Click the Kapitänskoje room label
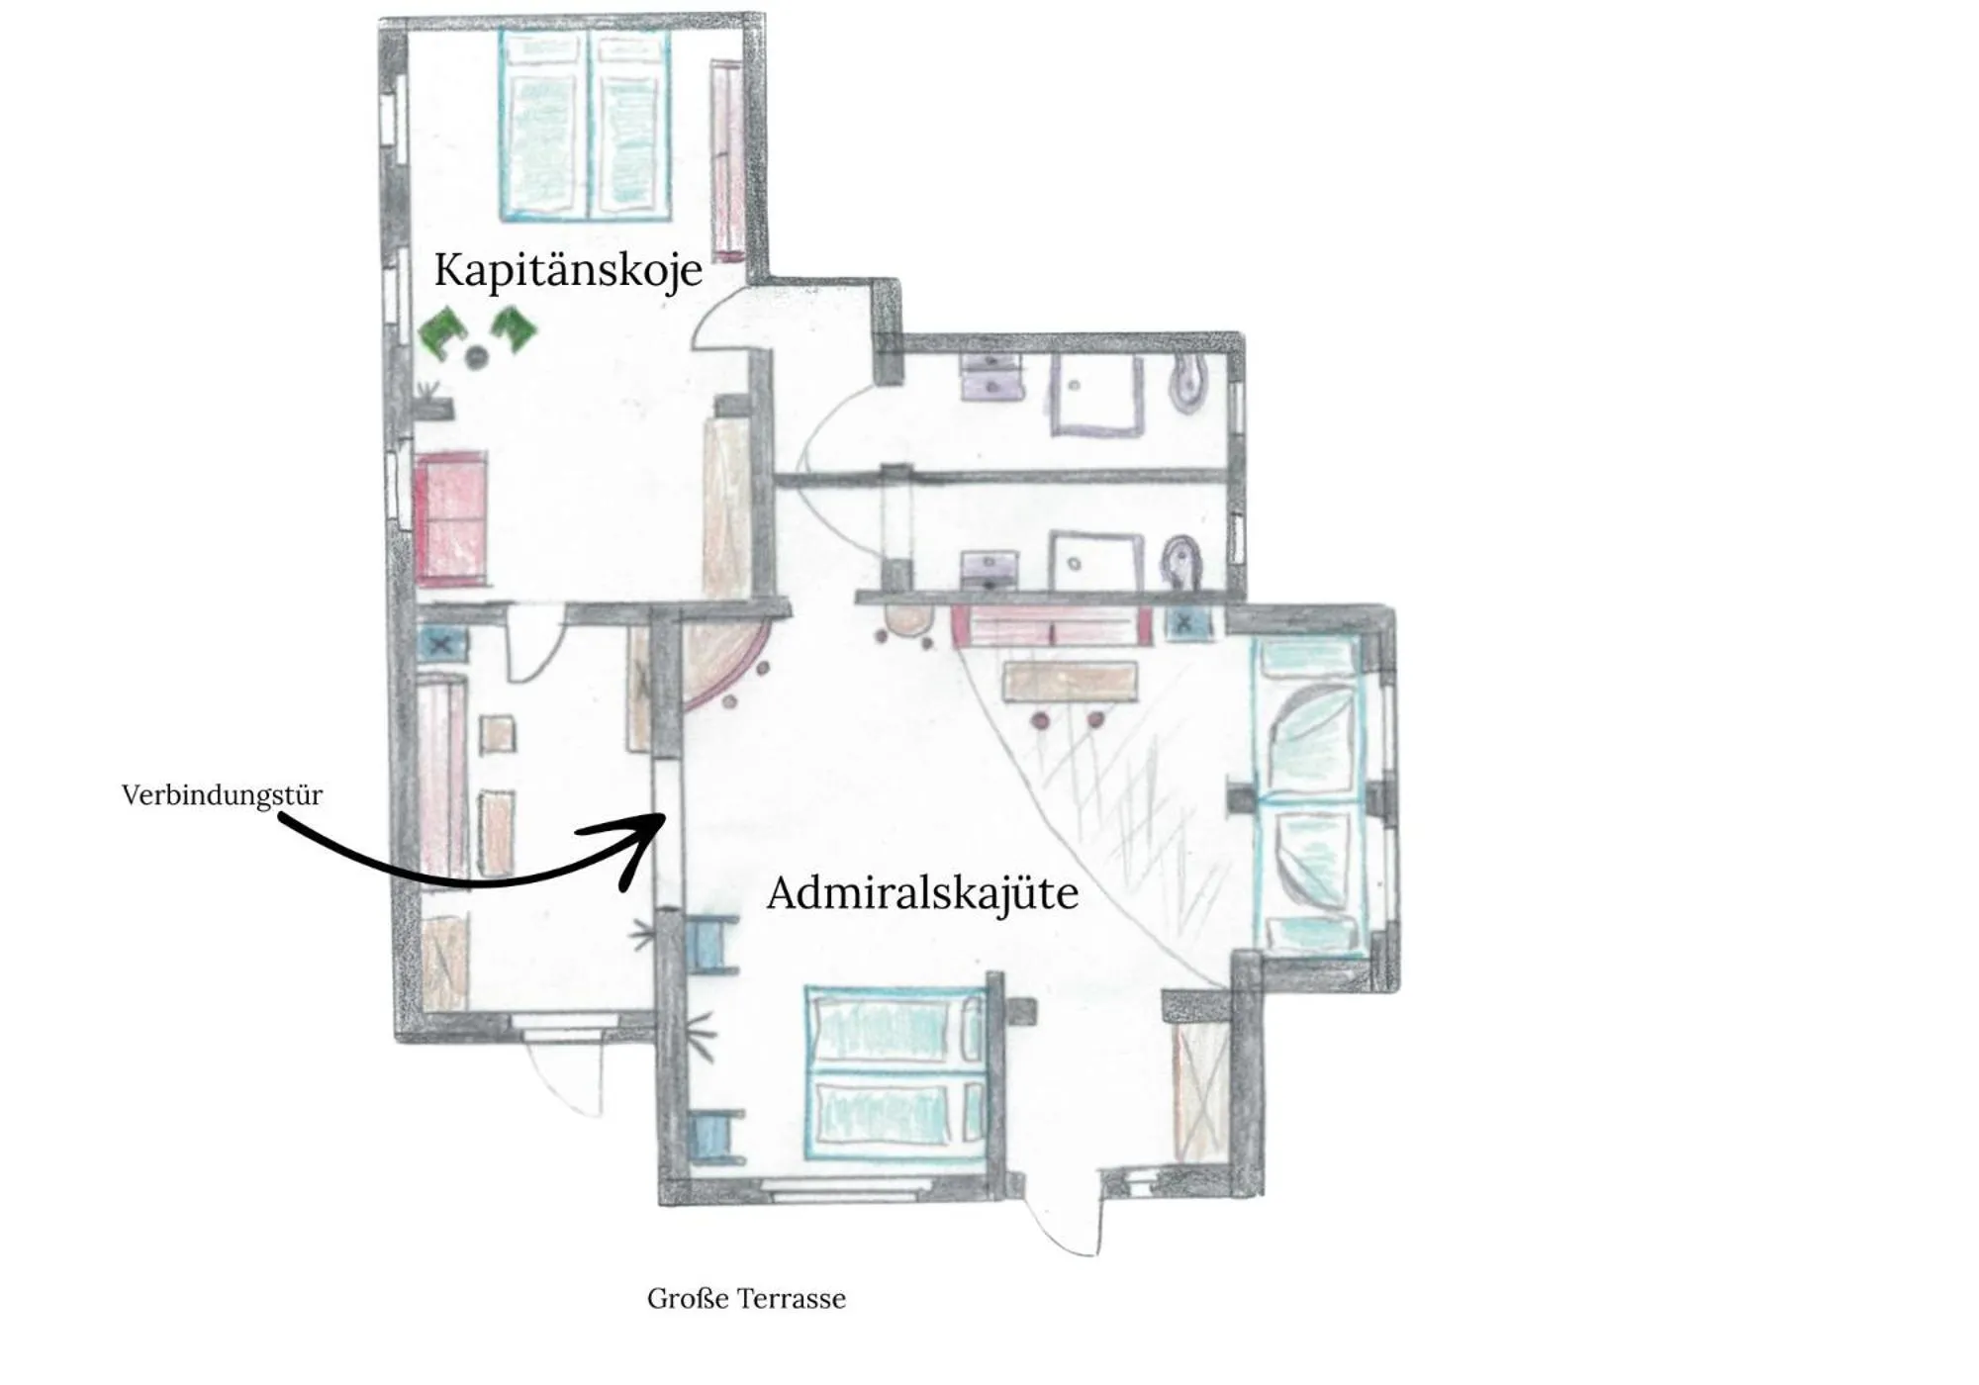(568, 270)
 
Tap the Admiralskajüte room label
(922, 893)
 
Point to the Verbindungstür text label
(222, 795)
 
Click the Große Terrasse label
(746, 1299)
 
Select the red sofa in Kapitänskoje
(451, 518)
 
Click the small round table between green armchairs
(478, 355)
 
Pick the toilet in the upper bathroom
(1186, 386)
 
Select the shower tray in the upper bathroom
(1096, 395)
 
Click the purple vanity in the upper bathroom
(990, 377)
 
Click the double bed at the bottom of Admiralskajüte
(895, 1072)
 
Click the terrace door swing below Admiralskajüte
(1065, 1217)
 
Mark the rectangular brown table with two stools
(1069, 682)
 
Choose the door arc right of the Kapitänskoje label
(717, 324)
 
